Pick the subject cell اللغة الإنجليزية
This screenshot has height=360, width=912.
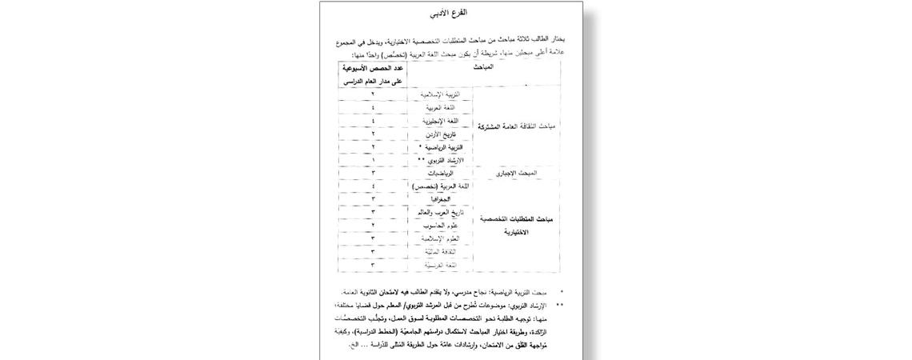tap(442, 121)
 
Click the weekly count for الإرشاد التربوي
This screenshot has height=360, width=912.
tap(373, 160)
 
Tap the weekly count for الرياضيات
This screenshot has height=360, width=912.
tap(373, 173)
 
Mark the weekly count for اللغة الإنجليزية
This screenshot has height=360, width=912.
tap(373, 121)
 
